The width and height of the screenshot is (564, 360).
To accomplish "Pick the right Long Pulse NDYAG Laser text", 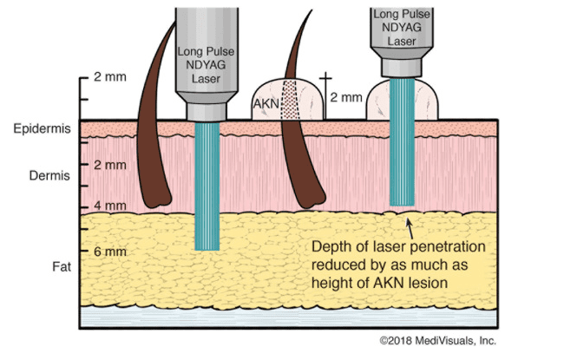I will (400, 25).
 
